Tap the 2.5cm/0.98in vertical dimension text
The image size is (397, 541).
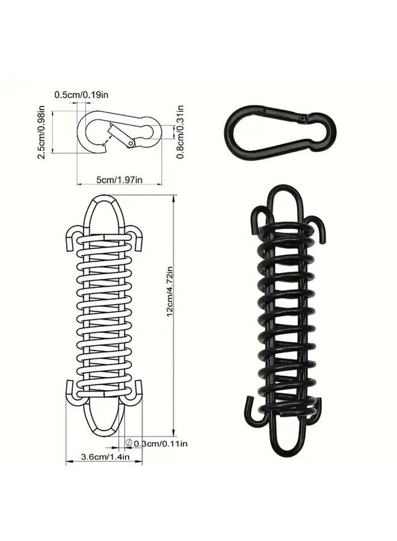42,132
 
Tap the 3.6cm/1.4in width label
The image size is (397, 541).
102,457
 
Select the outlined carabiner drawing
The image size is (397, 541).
118,132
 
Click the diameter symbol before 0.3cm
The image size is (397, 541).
128,443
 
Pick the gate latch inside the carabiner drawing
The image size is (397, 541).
121,135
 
